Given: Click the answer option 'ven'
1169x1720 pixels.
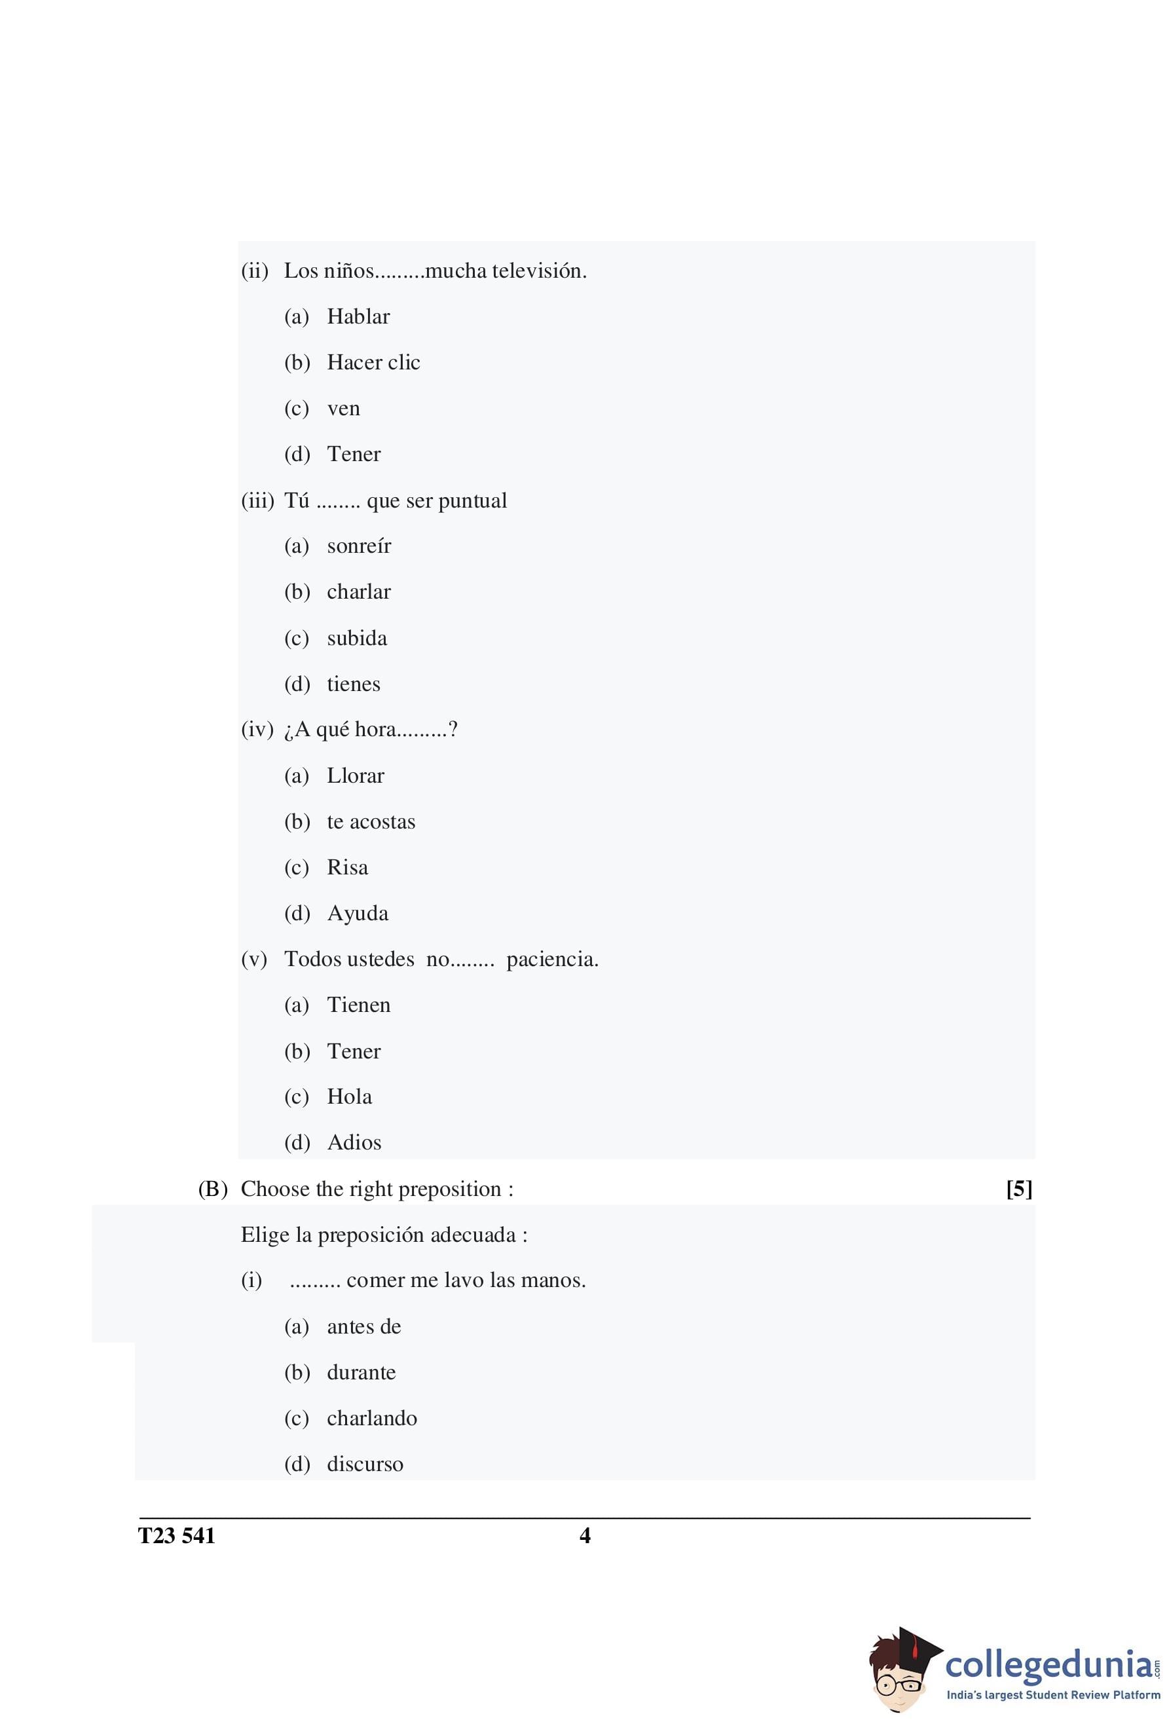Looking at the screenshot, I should click(x=343, y=409).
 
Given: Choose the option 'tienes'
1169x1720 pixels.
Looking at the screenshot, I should click(x=354, y=684).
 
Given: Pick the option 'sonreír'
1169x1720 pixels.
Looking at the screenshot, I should click(x=359, y=546).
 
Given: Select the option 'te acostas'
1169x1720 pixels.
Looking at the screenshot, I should click(x=371, y=821).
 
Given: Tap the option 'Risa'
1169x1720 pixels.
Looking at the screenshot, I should click(x=347, y=867).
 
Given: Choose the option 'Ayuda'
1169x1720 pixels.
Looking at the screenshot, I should click(x=358, y=913).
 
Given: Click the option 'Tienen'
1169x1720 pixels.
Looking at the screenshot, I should click(x=359, y=1005).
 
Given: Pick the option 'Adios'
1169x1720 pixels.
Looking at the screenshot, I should click(x=354, y=1143).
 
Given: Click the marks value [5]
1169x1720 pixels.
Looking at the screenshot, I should click(x=1019, y=1189).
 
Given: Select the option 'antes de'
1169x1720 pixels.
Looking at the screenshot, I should click(x=364, y=1326).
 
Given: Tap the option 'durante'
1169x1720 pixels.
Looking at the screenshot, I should click(x=361, y=1372).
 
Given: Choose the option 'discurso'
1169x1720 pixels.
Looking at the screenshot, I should click(x=365, y=1464).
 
